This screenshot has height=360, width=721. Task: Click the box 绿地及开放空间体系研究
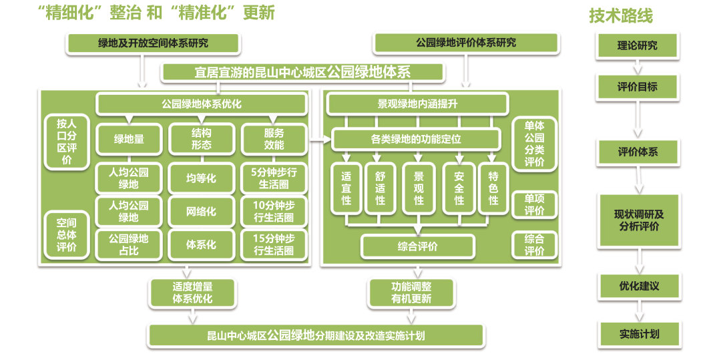pos(153,43)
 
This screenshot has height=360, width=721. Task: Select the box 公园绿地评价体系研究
pos(466,43)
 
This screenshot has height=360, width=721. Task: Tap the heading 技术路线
pos(621,16)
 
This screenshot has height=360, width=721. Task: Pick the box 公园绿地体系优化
pos(202,104)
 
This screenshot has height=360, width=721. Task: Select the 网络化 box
pos(201,212)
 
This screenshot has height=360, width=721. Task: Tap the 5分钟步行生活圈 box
pos(274,178)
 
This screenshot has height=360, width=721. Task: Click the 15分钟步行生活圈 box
pos(274,245)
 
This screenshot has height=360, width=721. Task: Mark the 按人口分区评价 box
pos(67,142)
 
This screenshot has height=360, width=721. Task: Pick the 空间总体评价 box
pos(67,235)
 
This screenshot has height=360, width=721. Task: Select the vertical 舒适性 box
pos(380,188)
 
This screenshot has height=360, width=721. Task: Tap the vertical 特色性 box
pos(493,188)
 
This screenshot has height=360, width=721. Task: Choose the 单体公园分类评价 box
pos(534,144)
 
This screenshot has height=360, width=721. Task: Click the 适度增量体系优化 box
pos(192,293)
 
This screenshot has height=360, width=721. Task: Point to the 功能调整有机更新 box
pos(411,293)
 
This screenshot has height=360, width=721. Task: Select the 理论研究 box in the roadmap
pos(637,46)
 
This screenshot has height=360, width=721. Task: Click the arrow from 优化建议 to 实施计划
pos(638,311)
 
